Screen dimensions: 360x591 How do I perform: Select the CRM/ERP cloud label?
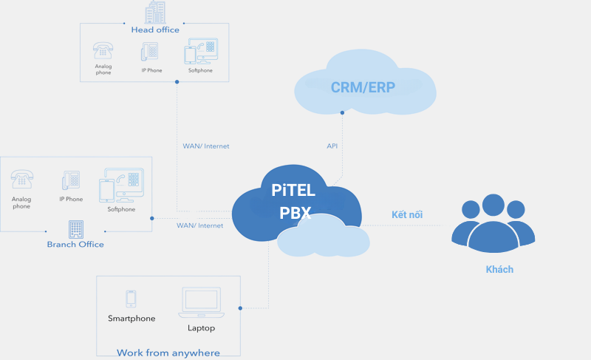tap(363, 87)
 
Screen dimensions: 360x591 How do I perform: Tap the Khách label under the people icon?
tap(499, 269)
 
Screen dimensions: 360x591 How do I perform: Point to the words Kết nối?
tap(407, 214)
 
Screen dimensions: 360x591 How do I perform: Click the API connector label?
tap(332, 146)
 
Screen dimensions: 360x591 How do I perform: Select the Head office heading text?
tap(155, 30)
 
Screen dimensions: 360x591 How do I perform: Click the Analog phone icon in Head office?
tap(103, 50)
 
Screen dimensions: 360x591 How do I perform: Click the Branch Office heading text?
tap(75, 244)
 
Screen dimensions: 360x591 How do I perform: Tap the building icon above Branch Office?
tap(75, 228)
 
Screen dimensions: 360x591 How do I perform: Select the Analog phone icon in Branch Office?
tap(22, 180)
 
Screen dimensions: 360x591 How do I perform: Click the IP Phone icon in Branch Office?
tap(71, 181)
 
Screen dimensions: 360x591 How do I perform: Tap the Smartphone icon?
tap(131, 299)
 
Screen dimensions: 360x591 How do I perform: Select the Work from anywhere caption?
tap(168, 353)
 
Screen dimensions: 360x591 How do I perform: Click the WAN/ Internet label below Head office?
tap(206, 146)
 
